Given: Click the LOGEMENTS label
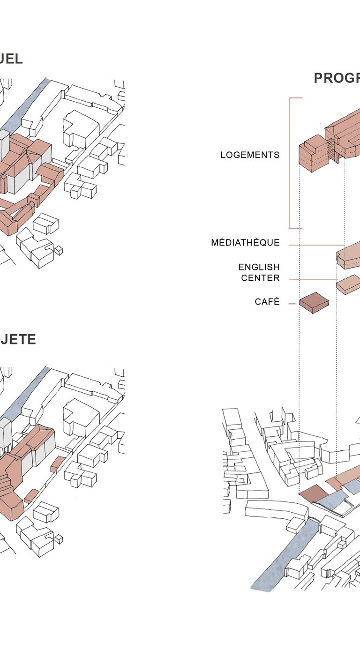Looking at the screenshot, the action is click(x=250, y=155).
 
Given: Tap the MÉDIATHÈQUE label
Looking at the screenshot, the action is click(x=245, y=243).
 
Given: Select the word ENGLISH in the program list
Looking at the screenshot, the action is click(x=259, y=267).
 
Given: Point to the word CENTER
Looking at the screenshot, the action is click(x=260, y=278).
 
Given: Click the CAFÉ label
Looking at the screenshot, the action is click(x=267, y=302).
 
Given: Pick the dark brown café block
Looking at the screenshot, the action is click(x=314, y=302).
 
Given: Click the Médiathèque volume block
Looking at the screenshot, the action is click(x=349, y=257).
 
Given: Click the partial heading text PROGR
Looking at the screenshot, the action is click(x=337, y=78).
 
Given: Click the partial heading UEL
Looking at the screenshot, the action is click(x=11, y=60).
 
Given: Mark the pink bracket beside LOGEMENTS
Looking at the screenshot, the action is click(x=290, y=163).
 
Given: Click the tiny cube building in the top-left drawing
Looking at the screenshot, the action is click(x=59, y=251).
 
